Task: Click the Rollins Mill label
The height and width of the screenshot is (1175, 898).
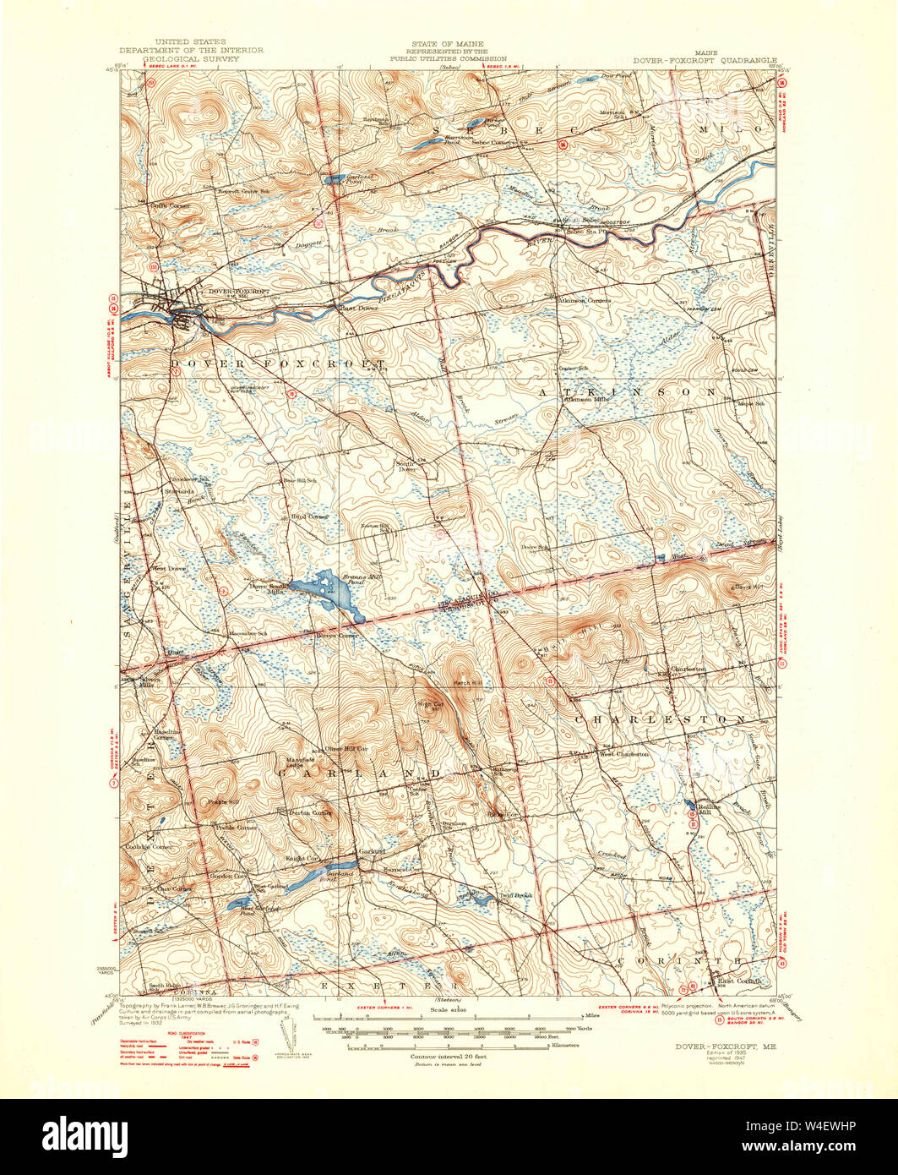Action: [x=706, y=810]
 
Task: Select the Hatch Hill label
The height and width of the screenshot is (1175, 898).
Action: [x=466, y=682]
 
